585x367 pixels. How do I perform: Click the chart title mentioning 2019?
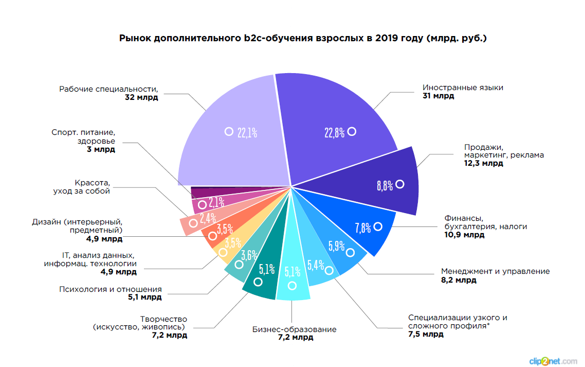click(x=303, y=38)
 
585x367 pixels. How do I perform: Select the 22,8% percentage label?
click(x=334, y=133)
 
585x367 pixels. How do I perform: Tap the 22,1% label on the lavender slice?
click(x=247, y=133)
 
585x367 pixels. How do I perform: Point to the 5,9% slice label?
click(x=336, y=247)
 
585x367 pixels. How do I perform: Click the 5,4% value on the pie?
click(x=315, y=266)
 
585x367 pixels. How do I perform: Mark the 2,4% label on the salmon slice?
click(x=208, y=218)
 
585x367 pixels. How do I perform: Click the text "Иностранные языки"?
click(x=462, y=88)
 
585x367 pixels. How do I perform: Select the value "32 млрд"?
click(x=141, y=97)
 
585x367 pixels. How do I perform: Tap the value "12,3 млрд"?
click(x=483, y=163)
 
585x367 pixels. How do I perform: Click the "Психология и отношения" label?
click(x=111, y=289)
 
